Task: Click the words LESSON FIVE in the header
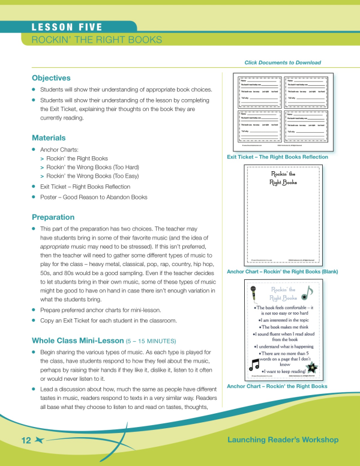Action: pos(67,27)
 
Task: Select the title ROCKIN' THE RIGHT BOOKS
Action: pos(97,40)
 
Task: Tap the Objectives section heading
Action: pos(51,78)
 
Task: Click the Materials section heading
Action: pos(49,138)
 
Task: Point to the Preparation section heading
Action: pos(53,217)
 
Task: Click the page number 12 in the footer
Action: pos(26,441)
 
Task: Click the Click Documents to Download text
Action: pos(283,62)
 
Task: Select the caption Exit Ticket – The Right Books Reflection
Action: pos(277,157)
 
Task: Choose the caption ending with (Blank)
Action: pos(282,271)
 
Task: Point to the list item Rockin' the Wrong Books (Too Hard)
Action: pos(92,167)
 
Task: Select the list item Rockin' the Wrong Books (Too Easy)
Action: pos(92,177)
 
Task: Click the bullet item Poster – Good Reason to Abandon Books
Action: pos(93,196)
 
